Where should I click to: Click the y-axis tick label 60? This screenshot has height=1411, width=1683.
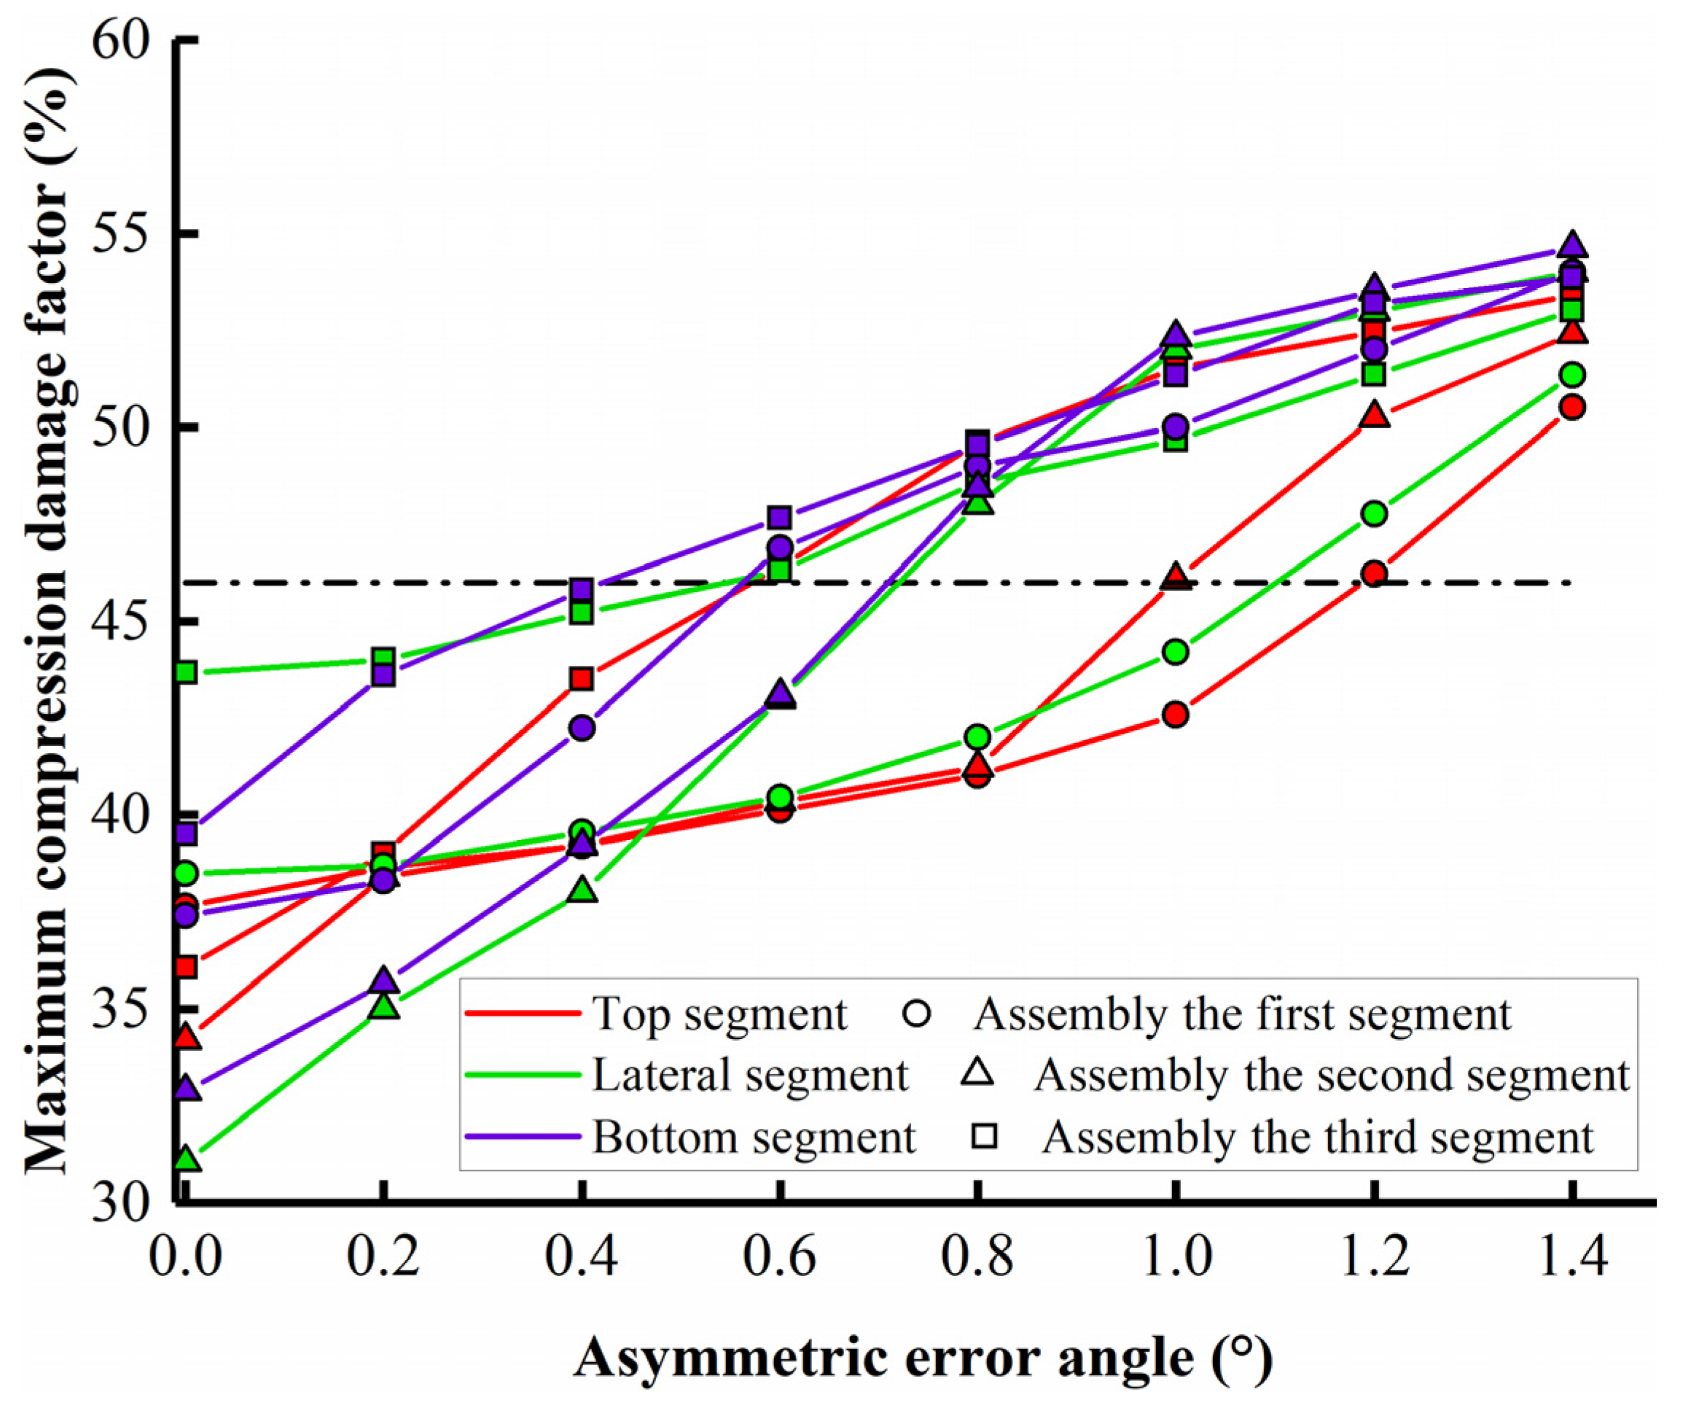pos(120,40)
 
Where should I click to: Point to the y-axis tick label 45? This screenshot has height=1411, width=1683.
pos(120,621)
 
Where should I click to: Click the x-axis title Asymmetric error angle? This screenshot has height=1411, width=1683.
pos(921,1357)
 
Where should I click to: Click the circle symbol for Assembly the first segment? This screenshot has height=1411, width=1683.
pos(916,1014)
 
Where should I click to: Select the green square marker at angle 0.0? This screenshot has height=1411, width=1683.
pos(186,672)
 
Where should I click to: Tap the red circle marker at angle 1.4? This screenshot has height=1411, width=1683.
pos(1572,408)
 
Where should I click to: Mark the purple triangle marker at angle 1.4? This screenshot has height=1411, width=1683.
pos(1572,244)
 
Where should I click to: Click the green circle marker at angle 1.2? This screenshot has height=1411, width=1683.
pos(1375,513)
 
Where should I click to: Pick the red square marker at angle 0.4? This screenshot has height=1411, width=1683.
pos(582,679)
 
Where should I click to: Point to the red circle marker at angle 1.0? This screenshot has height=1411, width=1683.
pos(1176,715)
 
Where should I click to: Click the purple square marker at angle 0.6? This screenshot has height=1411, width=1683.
pos(780,517)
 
